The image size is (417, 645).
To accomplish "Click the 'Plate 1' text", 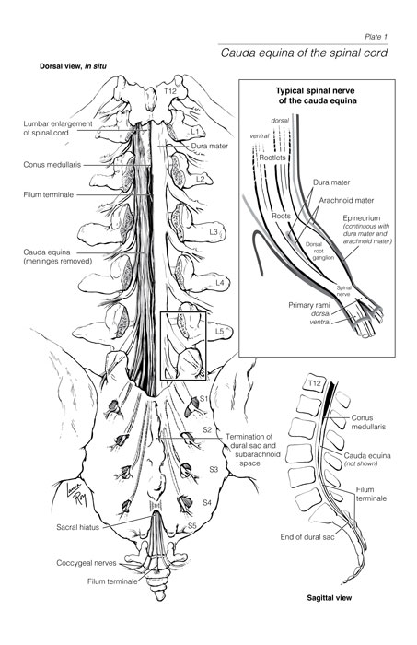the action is pyautogui.click(x=376, y=37).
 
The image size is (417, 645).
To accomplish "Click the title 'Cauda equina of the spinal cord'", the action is pyautogui.click(x=304, y=53).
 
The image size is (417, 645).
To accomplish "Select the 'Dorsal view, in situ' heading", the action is pyautogui.click(x=74, y=65).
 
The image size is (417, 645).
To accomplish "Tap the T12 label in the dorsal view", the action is pyautogui.click(x=169, y=91).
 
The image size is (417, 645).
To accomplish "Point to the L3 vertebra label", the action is pyautogui.click(x=213, y=232).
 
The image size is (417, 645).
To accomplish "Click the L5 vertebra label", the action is pyautogui.click(x=219, y=330).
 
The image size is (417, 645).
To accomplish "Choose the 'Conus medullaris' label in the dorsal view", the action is pyautogui.click(x=52, y=165).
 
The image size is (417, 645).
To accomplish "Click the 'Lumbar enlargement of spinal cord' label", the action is pyautogui.click(x=58, y=128).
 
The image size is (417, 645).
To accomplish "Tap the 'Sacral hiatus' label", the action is pyautogui.click(x=77, y=527).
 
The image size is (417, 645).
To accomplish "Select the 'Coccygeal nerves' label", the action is pyautogui.click(x=87, y=563).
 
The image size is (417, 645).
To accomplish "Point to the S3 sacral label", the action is pyautogui.click(x=214, y=469).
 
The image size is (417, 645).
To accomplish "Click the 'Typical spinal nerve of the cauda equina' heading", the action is pyautogui.click(x=315, y=96).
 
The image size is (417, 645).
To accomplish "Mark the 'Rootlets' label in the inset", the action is pyautogui.click(x=272, y=158).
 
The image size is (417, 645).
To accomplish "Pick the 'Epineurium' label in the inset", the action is pyautogui.click(x=362, y=218).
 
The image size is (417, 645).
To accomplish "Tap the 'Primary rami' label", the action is pyautogui.click(x=308, y=305).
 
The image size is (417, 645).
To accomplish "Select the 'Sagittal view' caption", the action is pyautogui.click(x=330, y=598).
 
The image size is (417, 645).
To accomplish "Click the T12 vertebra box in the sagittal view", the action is pyautogui.click(x=314, y=384).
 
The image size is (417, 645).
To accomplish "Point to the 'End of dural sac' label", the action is pyautogui.click(x=307, y=537).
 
